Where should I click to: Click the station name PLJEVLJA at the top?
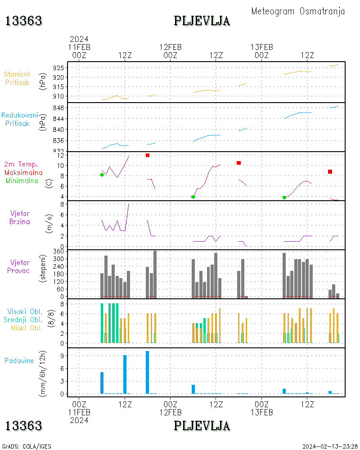[x=202, y=21]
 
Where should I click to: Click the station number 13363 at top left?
[x=23, y=21]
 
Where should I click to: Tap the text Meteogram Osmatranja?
[x=298, y=11]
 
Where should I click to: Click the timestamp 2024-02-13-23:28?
[x=329, y=446]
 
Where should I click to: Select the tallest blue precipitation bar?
[x=147, y=372]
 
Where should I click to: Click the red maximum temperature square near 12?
[x=147, y=155]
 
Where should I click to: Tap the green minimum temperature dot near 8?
[x=102, y=175]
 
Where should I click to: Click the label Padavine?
[x=19, y=360]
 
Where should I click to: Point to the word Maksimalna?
[x=23, y=172]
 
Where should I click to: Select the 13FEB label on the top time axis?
[x=262, y=47]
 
